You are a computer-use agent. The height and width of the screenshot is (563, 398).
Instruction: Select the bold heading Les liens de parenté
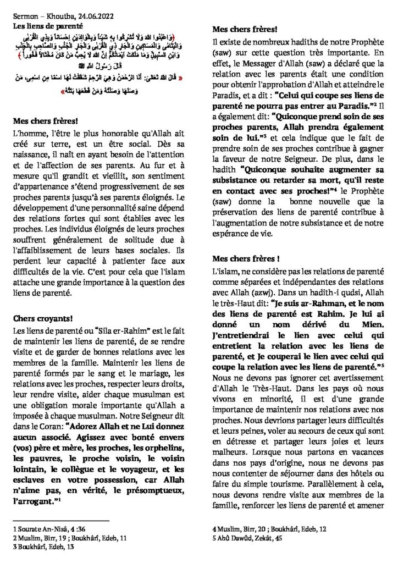click(47, 25)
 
